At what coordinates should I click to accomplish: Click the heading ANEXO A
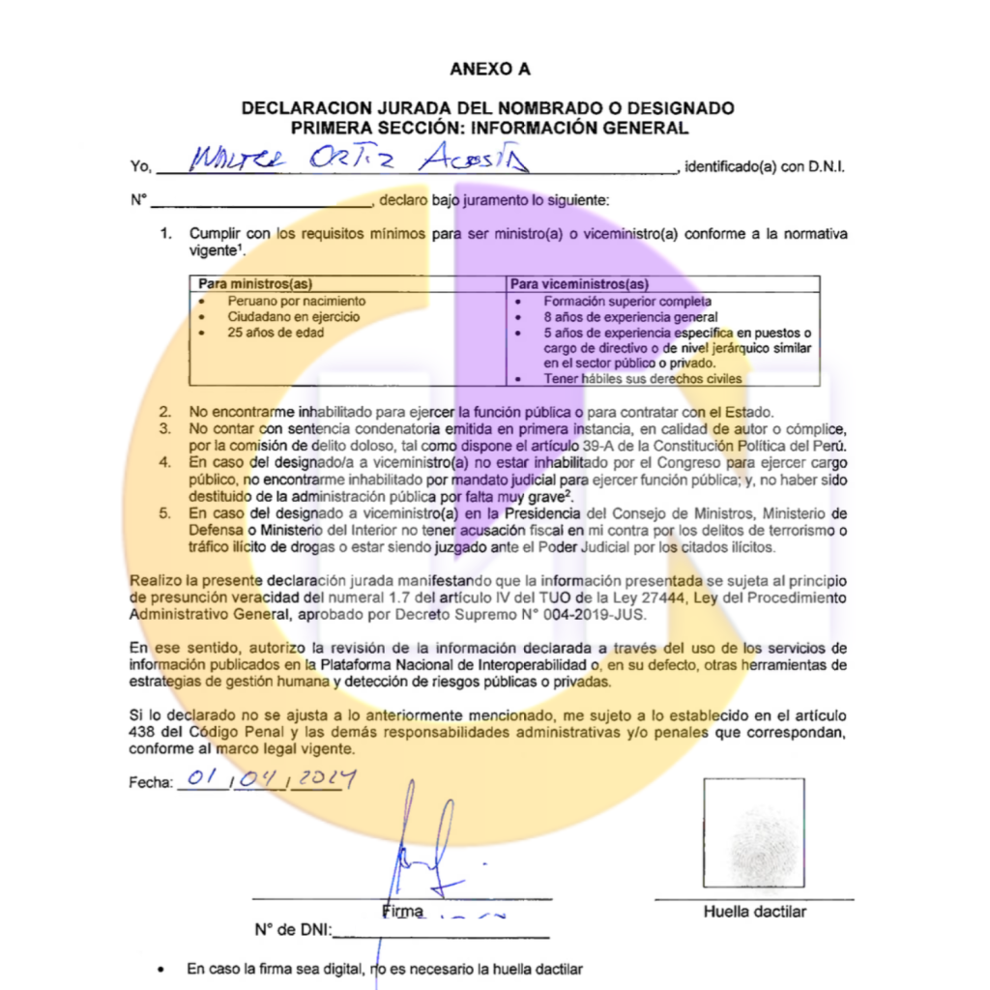point(489,69)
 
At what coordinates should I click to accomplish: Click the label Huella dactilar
point(754,911)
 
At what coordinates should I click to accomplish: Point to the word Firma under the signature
point(403,911)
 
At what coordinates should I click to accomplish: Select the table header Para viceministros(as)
point(579,284)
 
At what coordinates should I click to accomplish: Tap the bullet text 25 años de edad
point(276,332)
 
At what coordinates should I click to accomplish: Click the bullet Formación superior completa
point(626,301)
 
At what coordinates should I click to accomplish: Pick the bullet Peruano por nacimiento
point(296,301)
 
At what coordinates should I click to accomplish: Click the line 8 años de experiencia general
point(630,316)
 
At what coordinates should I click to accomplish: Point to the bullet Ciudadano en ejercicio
point(294,316)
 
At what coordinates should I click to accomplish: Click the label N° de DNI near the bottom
point(292,930)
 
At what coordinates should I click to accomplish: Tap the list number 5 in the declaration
point(164,512)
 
